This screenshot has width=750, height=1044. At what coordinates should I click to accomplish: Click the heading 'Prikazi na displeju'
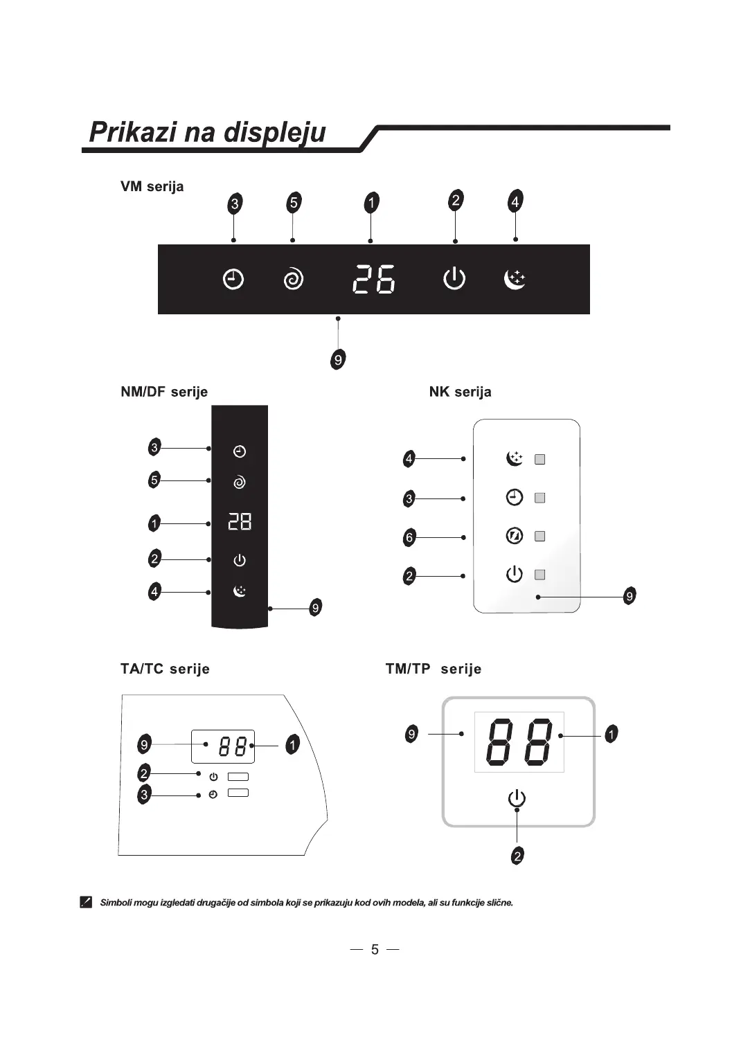(208, 132)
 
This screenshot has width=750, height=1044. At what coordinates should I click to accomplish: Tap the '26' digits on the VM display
(374, 280)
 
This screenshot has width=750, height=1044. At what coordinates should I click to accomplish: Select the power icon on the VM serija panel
(454, 279)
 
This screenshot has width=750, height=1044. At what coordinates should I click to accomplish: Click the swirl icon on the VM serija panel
(294, 280)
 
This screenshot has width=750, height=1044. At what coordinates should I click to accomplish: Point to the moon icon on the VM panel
(515, 279)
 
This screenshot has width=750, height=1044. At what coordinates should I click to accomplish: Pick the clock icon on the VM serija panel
(233, 280)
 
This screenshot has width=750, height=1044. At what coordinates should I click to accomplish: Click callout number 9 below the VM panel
(338, 359)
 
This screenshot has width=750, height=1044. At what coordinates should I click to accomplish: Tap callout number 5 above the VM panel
(294, 203)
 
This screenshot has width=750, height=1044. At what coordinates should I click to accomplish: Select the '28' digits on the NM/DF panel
(240, 521)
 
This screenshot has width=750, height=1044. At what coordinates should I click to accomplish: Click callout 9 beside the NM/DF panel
(315, 608)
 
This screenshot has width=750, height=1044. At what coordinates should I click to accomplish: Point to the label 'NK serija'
(460, 392)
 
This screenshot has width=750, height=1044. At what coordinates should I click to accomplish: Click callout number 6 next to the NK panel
(409, 537)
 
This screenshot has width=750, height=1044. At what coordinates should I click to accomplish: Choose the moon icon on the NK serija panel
(515, 458)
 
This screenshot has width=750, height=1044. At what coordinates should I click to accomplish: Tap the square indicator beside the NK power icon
(540, 575)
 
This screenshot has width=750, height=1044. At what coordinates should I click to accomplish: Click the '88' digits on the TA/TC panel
(233, 746)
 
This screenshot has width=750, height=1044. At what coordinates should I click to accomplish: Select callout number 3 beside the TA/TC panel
(144, 794)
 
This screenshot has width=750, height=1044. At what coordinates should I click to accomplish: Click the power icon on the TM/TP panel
(517, 799)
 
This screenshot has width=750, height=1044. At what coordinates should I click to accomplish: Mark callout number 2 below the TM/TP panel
(517, 856)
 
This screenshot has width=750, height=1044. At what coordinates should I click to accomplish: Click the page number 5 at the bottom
(375, 949)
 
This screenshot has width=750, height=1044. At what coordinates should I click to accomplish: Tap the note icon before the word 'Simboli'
(86, 902)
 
